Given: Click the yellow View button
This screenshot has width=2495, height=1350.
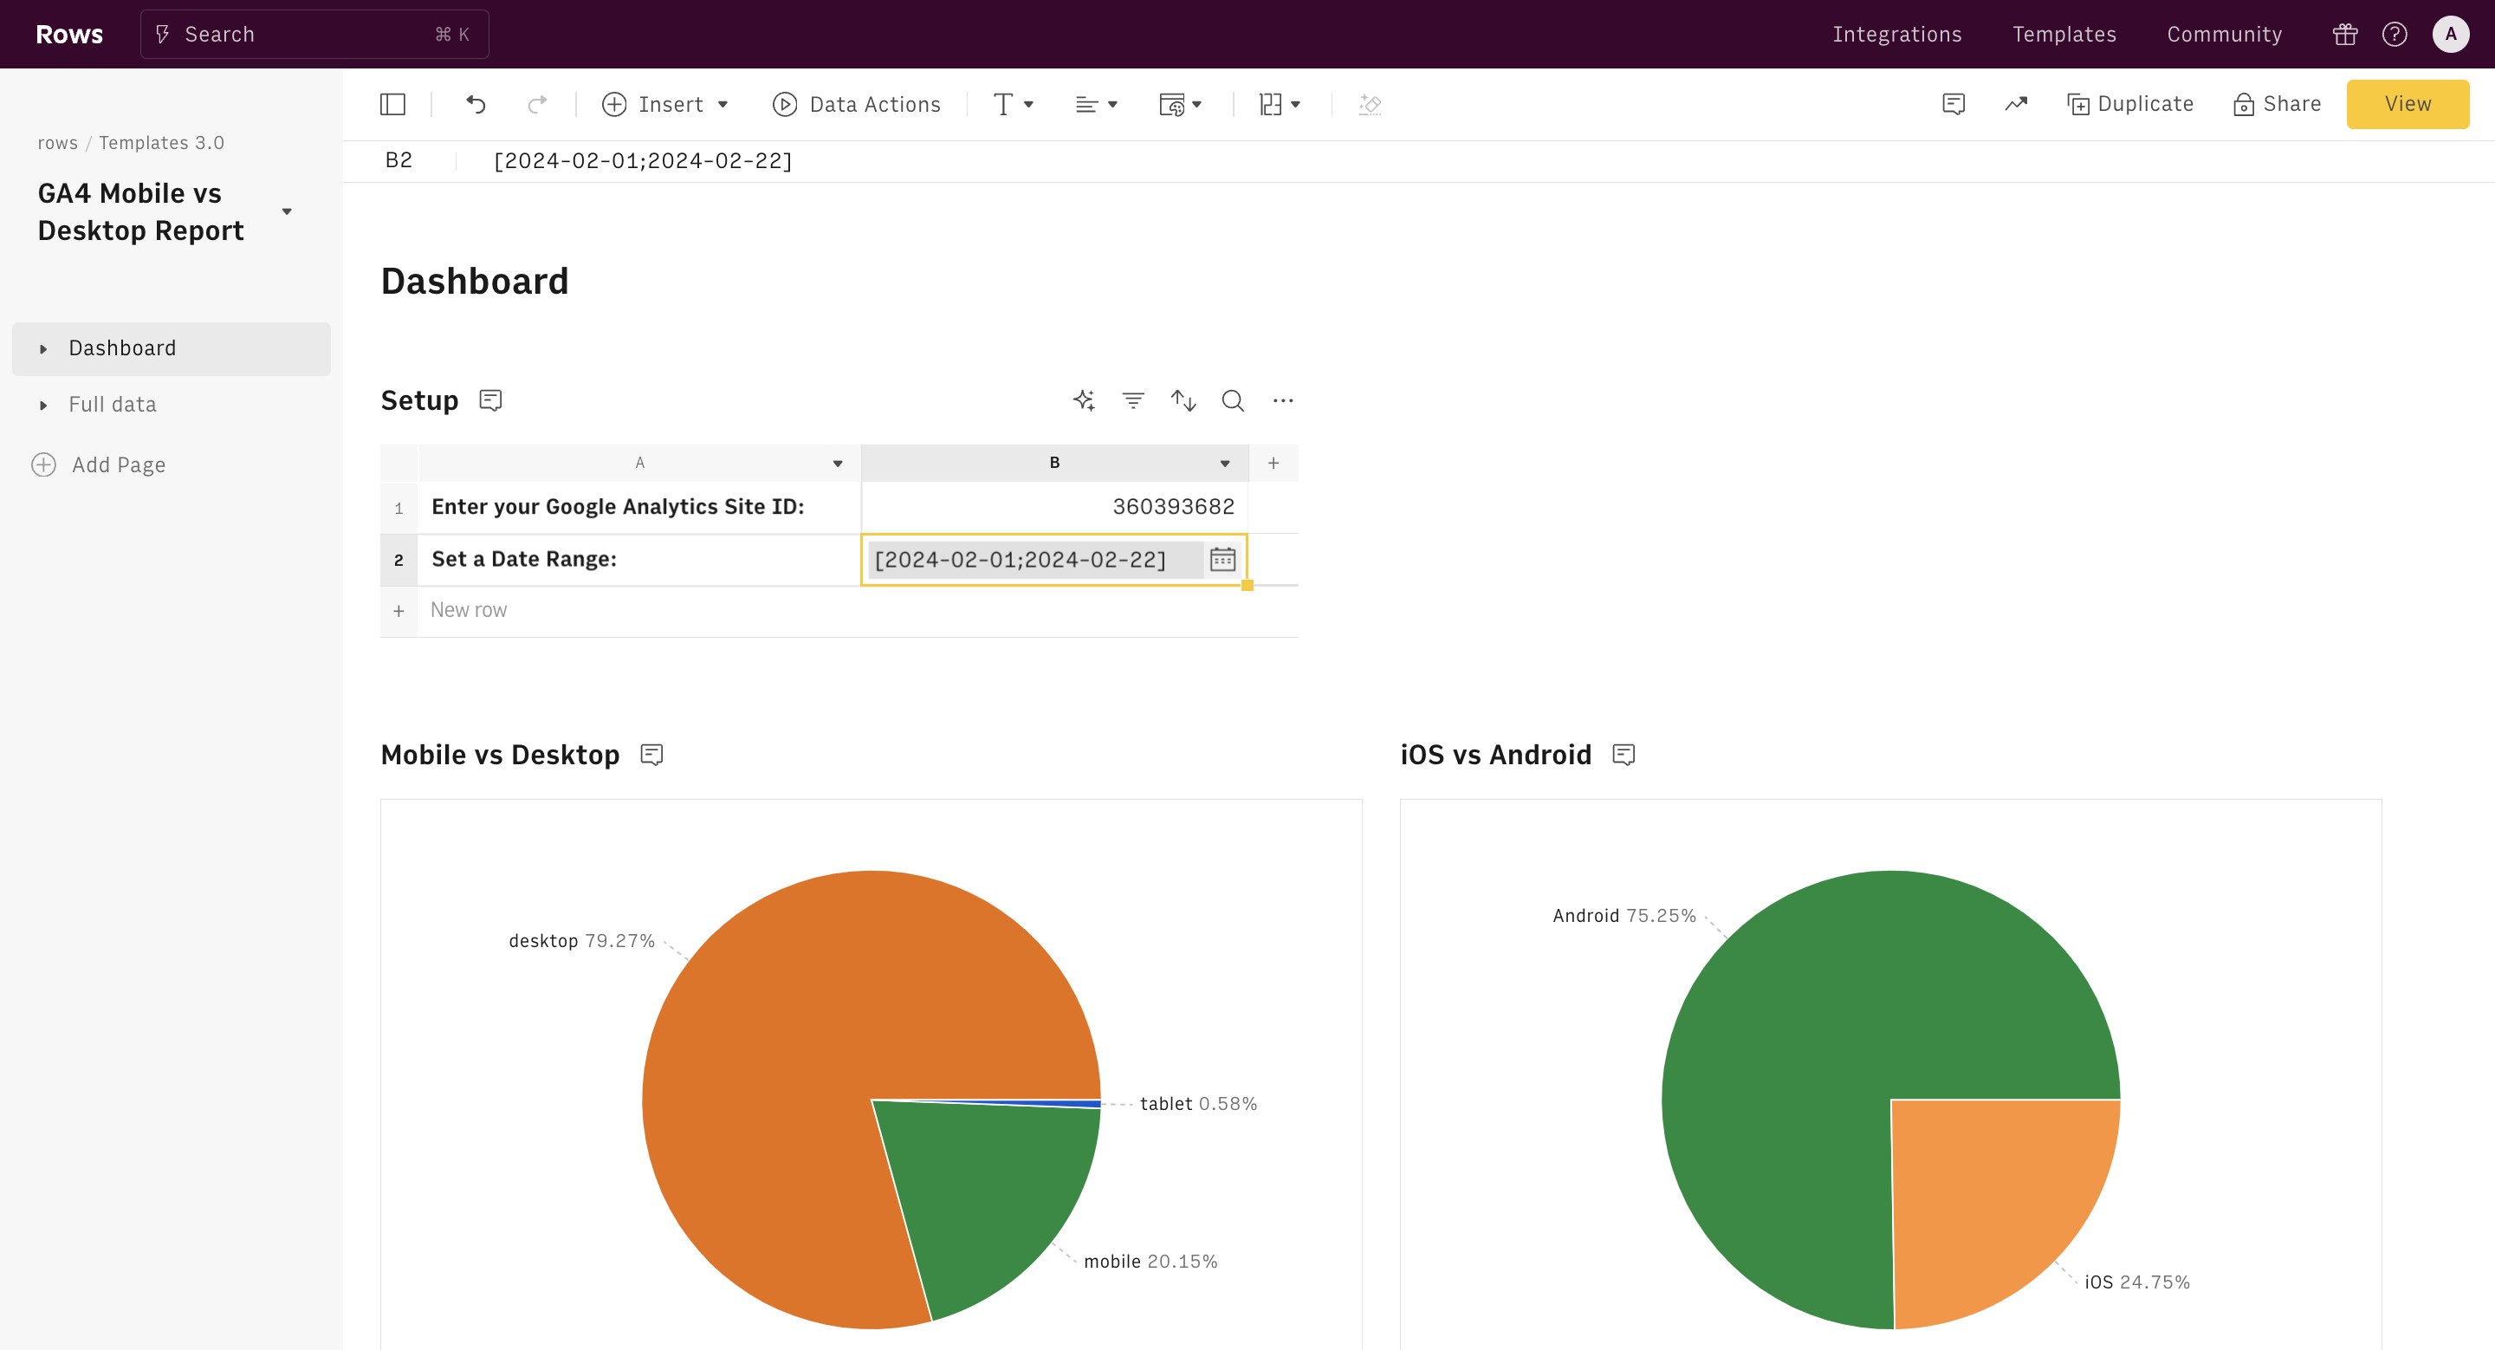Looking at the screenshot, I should pyautogui.click(x=2407, y=104).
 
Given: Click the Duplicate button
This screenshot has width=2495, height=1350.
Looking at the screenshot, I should pyautogui.click(x=2130, y=104).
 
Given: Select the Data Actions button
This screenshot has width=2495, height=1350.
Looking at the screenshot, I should pyautogui.click(x=856, y=104).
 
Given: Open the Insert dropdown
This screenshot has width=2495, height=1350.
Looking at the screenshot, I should pyautogui.click(x=665, y=104).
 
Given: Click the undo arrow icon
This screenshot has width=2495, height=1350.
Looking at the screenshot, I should pyautogui.click(x=476, y=104).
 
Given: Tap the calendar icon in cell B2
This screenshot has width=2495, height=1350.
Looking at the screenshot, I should pyautogui.click(x=1222, y=559).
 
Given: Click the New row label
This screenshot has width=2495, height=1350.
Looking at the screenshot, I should pyautogui.click(x=469, y=610).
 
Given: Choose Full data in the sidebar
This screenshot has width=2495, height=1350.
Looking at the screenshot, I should pyautogui.click(x=113, y=404).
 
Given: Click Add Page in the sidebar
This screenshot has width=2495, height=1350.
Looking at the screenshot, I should pyautogui.click(x=118, y=464).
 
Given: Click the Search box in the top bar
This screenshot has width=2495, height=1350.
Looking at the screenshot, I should pyautogui.click(x=314, y=34).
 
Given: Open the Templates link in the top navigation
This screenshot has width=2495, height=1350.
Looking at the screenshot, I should pyautogui.click(x=2064, y=34).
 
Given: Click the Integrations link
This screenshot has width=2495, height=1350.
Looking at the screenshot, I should pyautogui.click(x=1896, y=34).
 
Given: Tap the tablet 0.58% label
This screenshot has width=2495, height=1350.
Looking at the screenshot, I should pyautogui.click(x=1197, y=1103).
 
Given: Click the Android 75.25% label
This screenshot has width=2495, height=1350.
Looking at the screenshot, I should pyautogui.click(x=1623, y=915).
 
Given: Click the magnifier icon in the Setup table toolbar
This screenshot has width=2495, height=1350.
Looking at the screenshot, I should pyautogui.click(x=1232, y=400).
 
